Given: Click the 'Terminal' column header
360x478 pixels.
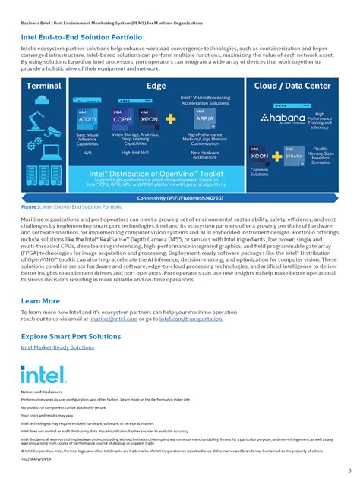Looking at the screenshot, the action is (x=43, y=86).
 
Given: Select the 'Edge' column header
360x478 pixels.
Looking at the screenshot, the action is (x=156, y=86).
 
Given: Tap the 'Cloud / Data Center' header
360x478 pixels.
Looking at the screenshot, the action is (x=292, y=86).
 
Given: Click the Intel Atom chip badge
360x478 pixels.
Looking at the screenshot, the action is (x=87, y=118).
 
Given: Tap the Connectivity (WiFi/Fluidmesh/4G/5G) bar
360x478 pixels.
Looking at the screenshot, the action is (x=179, y=198).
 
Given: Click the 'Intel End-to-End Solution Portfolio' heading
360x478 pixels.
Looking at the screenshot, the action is (x=81, y=36).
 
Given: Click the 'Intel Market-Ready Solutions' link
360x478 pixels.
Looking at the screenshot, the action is (x=57, y=347).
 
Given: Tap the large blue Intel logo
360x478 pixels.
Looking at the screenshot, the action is (x=37, y=374).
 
